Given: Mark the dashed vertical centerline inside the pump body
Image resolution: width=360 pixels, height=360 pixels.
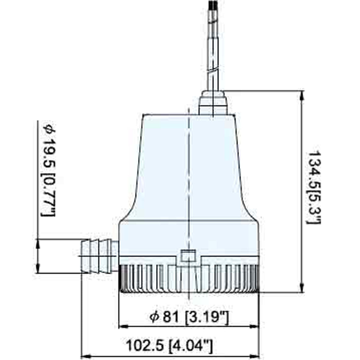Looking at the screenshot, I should tap(188, 180).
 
